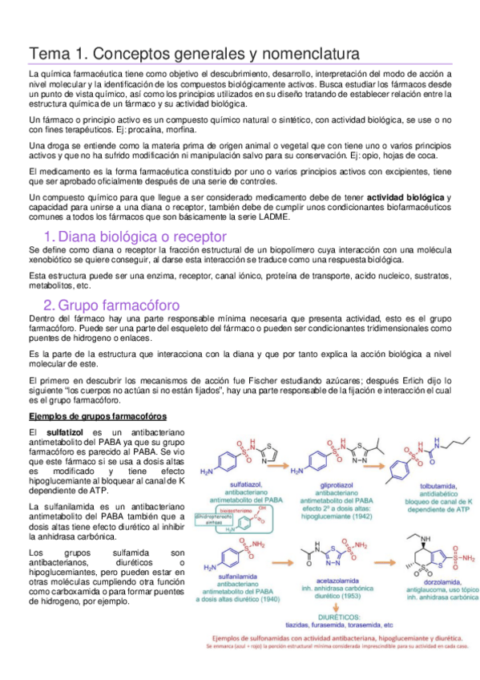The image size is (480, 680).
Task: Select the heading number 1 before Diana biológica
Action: click(48, 237)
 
